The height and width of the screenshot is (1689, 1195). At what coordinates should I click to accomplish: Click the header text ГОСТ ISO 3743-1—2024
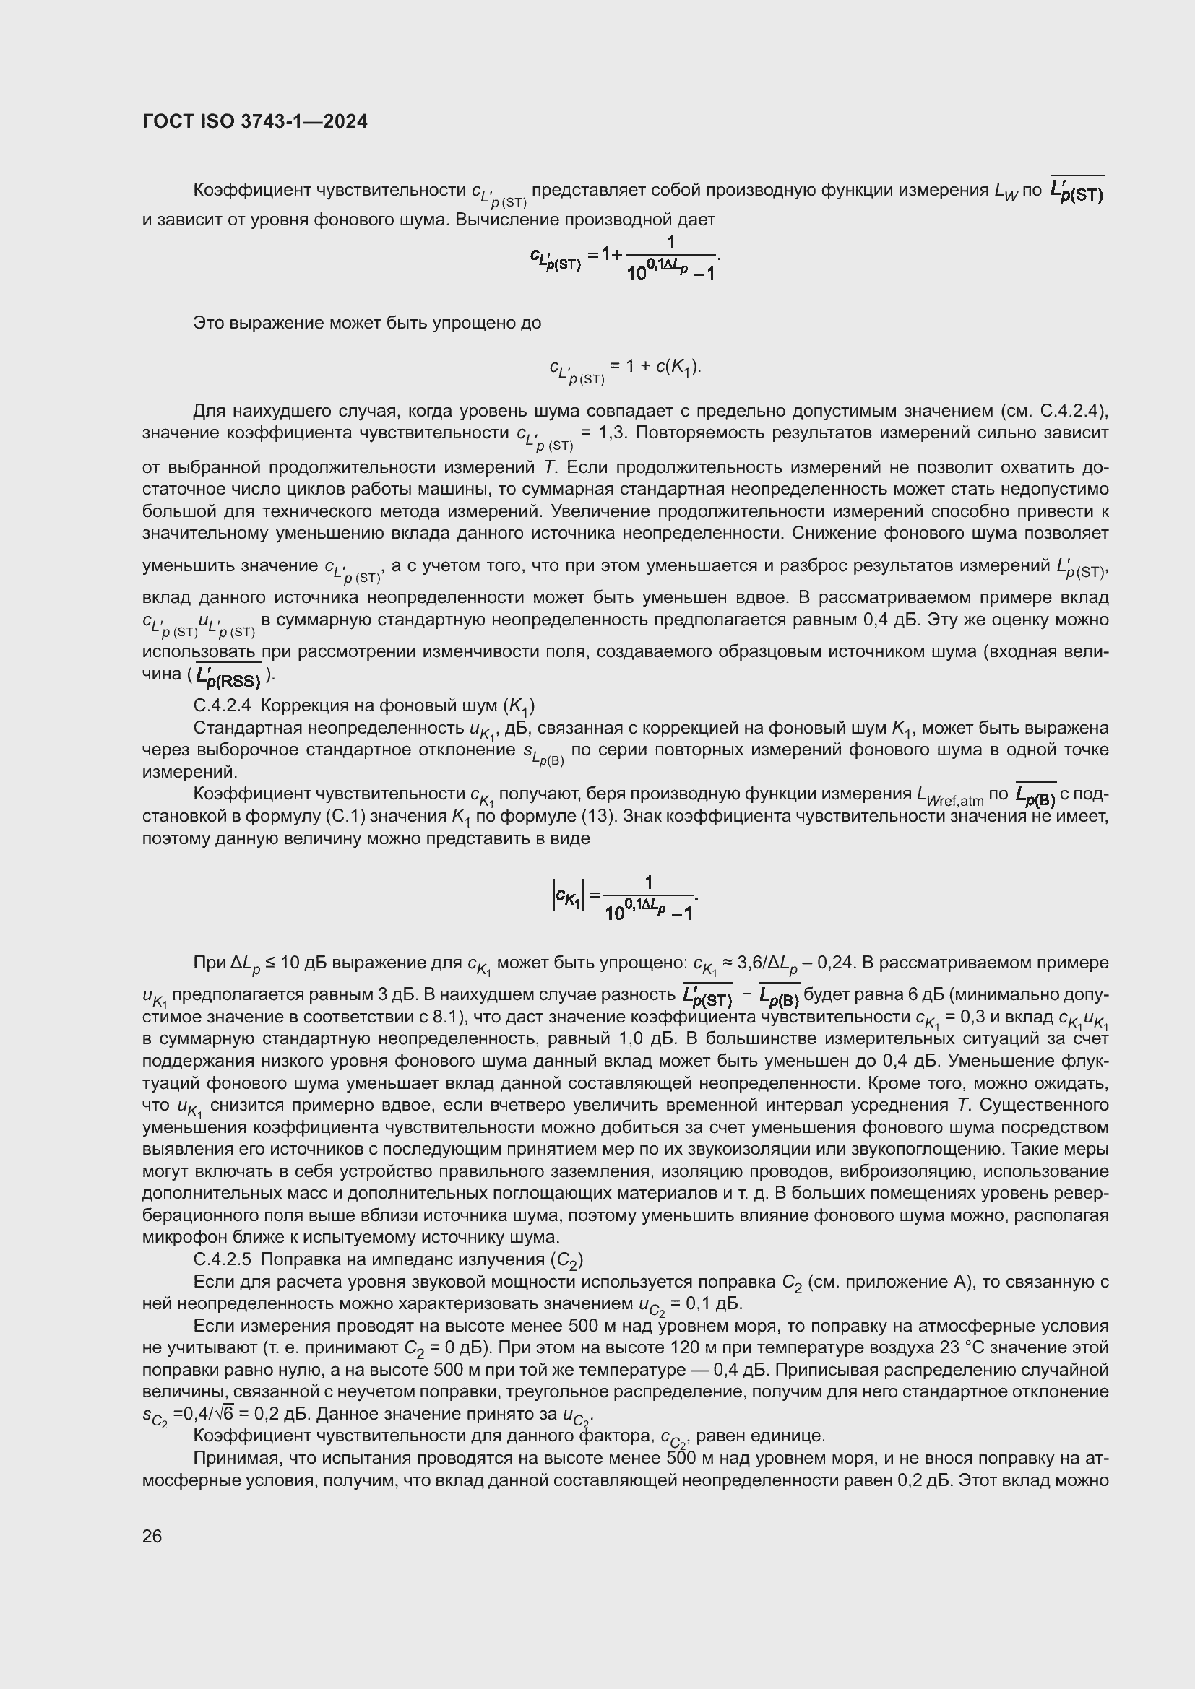pos(254,121)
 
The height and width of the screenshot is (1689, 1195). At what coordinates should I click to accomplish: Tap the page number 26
pos(152,1536)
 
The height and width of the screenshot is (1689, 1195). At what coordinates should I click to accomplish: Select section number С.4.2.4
pos(222,705)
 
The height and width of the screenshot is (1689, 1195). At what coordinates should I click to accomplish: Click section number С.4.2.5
pos(222,1260)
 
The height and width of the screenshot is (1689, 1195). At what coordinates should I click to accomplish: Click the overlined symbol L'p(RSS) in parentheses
pos(229,675)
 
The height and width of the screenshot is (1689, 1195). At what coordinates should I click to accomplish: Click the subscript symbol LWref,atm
pos(949,796)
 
